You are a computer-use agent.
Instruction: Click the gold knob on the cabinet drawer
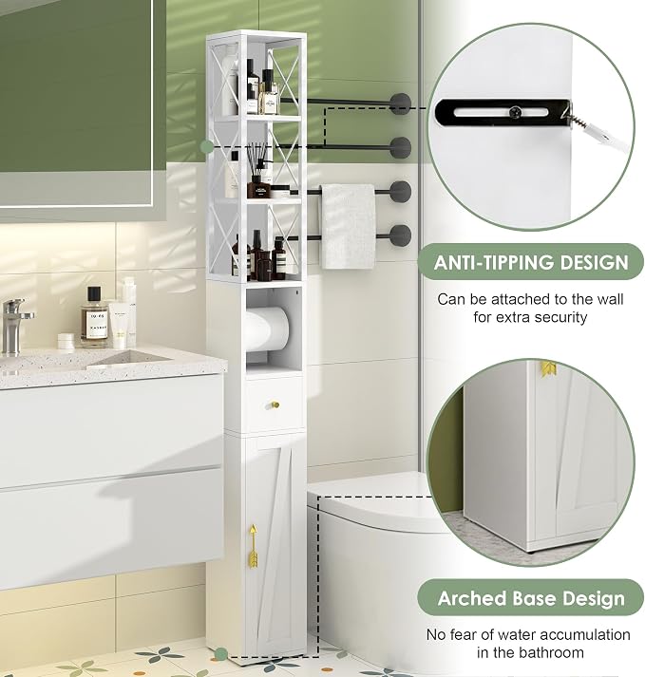[x=275, y=404]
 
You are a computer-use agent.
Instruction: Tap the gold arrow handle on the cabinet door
[x=254, y=546]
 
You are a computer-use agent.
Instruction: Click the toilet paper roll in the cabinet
[x=267, y=329]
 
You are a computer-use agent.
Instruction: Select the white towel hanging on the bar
[x=348, y=227]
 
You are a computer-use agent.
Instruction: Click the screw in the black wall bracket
[x=515, y=112]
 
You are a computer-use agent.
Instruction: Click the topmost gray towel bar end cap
[x=400, y=103]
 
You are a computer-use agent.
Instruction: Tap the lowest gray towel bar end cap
[x=400, y=235]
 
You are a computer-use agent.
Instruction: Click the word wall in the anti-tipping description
[x=610, y=299]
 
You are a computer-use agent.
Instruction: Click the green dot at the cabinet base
[x=220, y=654]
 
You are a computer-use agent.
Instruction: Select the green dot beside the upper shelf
[x=207, y=146]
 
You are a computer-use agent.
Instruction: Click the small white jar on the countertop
[x=66, y=340]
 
